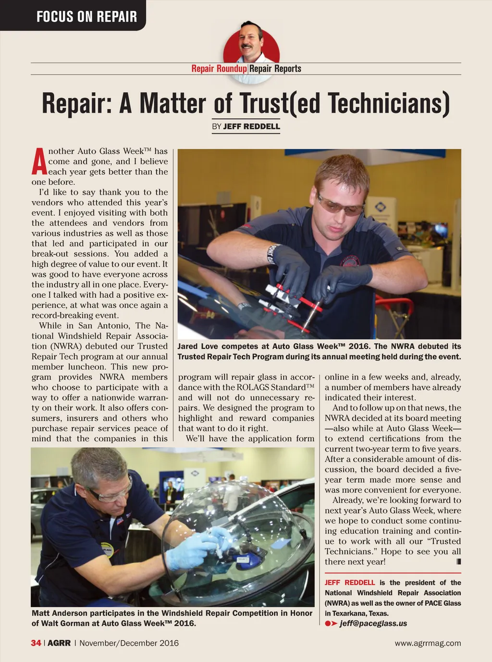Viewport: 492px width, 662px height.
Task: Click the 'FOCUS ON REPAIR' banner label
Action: (x=86, y=17)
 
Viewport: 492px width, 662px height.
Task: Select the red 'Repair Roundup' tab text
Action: (x=219, y=69)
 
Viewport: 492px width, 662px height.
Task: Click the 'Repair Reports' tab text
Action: (x=275, y=69)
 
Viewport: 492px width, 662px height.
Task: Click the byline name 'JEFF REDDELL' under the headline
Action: (x=251, y=127)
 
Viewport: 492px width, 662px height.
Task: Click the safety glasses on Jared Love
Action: (x=340, y=205)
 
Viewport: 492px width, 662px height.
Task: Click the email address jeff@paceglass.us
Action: (x=373, y=624)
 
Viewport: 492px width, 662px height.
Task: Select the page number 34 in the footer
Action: (x=36, y=643)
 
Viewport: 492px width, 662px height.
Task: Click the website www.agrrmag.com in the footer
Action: (x=428, y=643)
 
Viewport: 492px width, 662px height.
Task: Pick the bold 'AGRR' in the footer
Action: (x=59, y=643)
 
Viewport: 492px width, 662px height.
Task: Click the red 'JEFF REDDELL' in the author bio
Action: (x=350, y=583)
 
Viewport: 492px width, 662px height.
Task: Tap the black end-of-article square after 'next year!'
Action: (x=458, y=561)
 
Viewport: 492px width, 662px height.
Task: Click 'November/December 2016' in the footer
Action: (x=129, y=643)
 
